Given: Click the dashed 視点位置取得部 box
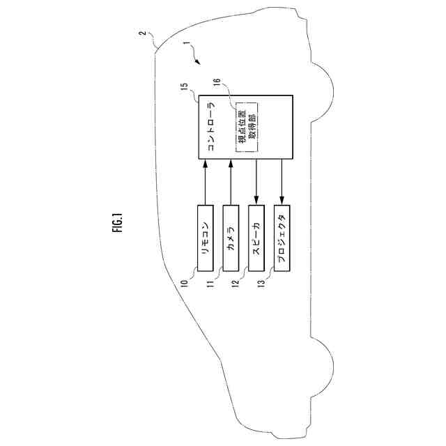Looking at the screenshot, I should (x=245, y=126).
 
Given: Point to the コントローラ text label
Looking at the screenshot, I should (x=210, y=127).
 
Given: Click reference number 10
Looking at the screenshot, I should (x=185, y=283).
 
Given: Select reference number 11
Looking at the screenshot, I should (x=210, y=283).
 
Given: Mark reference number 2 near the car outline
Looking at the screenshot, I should (x=141, y=33).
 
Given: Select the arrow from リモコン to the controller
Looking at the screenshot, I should (x=206, y=182).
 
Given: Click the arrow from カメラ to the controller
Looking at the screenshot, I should (x=231, y=182).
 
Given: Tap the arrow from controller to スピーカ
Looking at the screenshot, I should (x=256, y=182).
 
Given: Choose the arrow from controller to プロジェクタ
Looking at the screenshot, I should (x=282, y=182).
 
